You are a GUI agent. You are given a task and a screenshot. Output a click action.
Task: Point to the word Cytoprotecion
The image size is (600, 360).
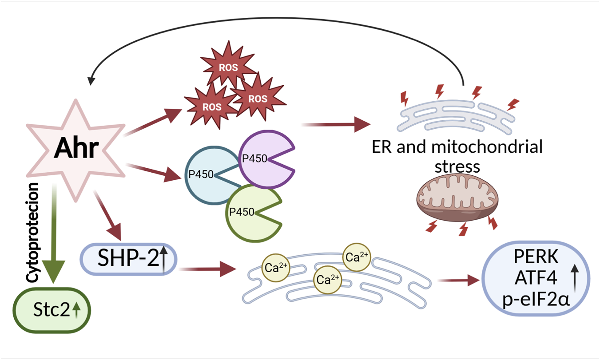33,231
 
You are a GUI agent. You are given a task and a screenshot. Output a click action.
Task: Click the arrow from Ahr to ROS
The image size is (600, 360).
153,122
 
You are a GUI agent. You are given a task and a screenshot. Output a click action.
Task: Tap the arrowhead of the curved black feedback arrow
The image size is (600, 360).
91,80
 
